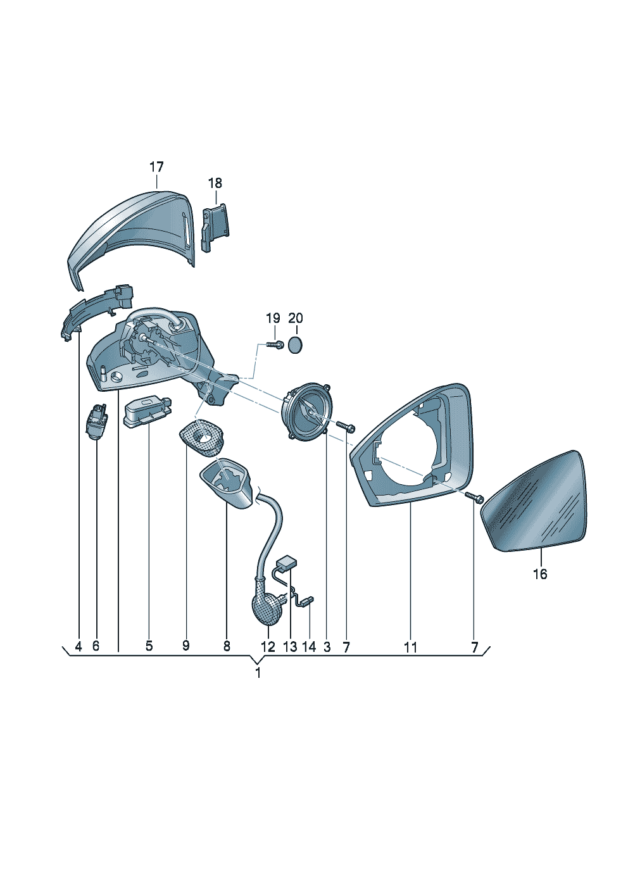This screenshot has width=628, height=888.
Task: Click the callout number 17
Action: (x=156, y=167)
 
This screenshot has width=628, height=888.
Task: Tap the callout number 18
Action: (x=215, y=183)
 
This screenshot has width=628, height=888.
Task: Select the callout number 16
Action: (x=540, y=573)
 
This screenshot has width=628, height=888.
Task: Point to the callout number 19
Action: (x=273, y=318)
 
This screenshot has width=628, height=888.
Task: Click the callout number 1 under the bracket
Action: (x=258, y=673)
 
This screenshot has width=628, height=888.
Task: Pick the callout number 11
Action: (x=411, y=647)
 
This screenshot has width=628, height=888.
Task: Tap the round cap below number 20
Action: (x=295, y=346)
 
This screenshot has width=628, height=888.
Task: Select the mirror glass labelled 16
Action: (x=533, y=501)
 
